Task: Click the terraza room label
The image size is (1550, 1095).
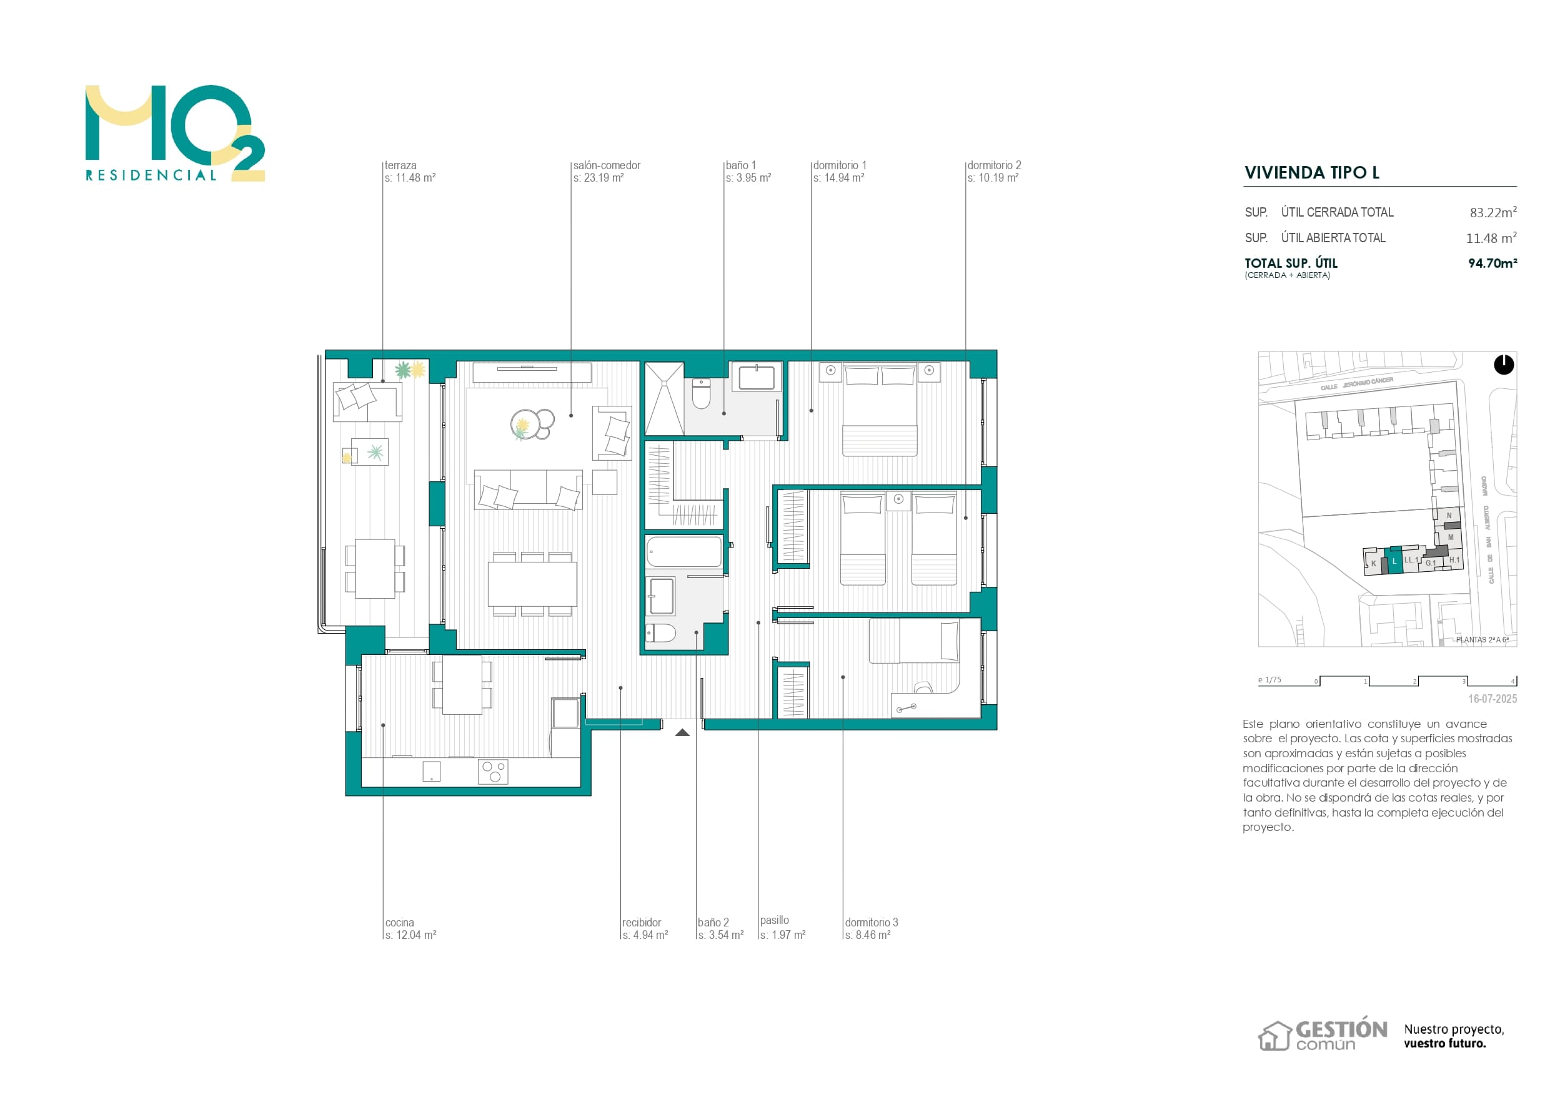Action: tap(400, 165)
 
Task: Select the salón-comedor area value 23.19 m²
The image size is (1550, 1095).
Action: tap(598, 178)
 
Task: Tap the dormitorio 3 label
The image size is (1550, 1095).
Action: tap(871, 922)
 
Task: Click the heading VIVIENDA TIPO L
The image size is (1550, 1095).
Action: tap(1312, 173)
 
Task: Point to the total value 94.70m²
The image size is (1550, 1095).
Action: tap(1492, 263)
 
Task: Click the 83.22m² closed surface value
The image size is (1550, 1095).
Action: tap(1493, 212)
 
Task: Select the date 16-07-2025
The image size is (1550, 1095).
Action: tap(1492, 699)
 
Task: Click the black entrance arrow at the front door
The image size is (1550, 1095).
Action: tap(682, 733)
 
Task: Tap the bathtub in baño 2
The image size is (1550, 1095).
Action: tap(683, 552)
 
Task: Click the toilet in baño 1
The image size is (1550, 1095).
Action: tap(702, 394)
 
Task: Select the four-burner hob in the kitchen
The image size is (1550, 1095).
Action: tap(493, 771)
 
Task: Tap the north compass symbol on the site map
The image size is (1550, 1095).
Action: tap(1503, 365)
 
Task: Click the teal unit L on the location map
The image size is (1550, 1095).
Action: tap(1394, 560)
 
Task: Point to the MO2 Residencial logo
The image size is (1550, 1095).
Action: tap(174, 134)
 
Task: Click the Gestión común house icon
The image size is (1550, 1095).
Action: tap(1274, 1036)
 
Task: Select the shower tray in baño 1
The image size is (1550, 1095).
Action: tap(664, 399)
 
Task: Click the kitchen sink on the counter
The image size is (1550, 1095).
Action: tap(431, 771)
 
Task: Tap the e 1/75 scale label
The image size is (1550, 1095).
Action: tap(1269, 680)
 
